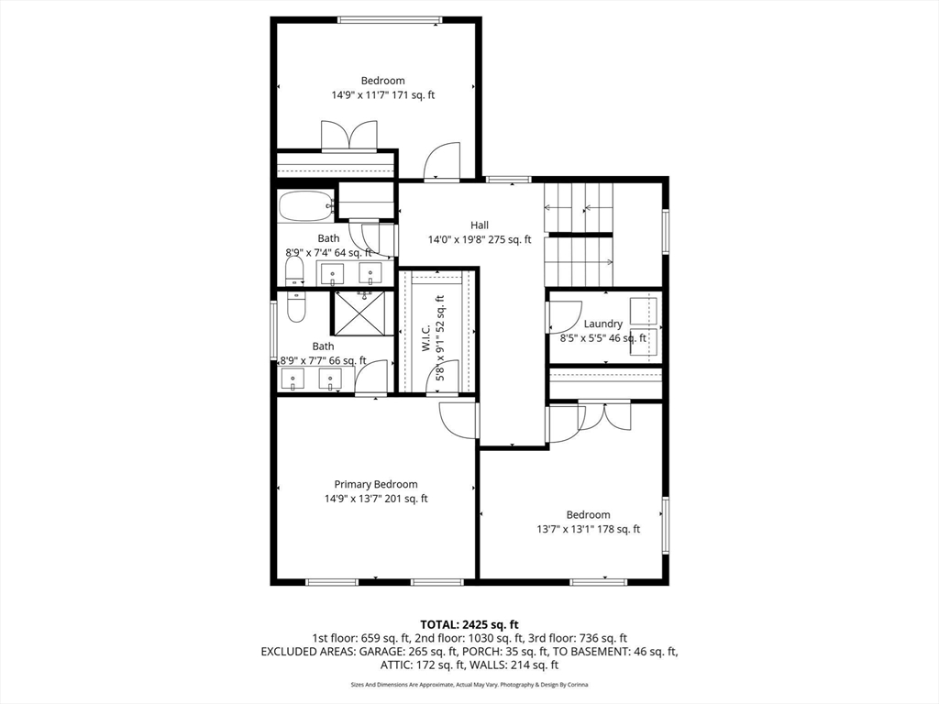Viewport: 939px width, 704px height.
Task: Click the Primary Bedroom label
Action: point(375,484)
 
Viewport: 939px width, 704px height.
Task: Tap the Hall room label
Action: point(479,225)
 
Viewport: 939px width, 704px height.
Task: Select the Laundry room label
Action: point(603,324)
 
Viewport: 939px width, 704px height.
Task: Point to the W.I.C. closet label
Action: point(425,338)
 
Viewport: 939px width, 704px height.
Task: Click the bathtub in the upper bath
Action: point(306,205)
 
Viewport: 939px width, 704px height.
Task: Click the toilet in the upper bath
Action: point(294,271)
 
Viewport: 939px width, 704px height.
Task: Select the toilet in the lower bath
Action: point(296,306)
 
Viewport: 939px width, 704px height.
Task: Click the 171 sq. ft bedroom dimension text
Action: point(383,94)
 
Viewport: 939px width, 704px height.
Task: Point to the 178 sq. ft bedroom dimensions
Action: point(588,529)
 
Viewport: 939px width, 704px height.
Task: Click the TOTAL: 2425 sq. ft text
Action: point(469,625)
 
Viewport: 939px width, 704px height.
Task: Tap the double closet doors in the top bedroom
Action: point(349,136)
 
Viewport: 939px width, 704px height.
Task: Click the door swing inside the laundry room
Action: point(565,316)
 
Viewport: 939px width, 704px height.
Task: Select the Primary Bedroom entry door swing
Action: point(458,421)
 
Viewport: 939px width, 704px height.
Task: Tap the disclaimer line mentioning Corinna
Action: point(469,684)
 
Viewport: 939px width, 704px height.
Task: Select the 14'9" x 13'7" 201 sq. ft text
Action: point(376,499)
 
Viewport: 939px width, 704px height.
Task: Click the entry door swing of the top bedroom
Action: point(441,160)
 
